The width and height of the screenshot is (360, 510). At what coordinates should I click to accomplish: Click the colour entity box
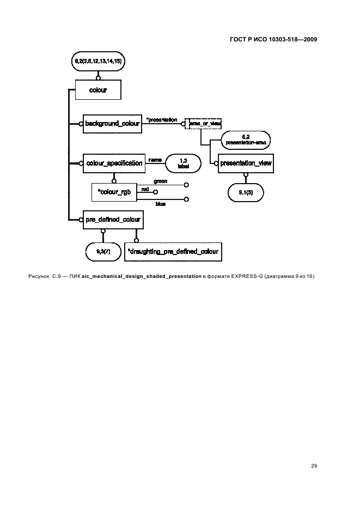click(98, 90)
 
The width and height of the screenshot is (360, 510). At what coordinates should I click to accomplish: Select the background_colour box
click(113, 124)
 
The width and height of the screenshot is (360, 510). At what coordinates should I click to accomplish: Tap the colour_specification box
click(114, 163)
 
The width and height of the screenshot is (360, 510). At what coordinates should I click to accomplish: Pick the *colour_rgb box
click(114, 191)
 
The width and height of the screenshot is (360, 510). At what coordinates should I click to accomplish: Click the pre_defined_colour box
click(113, 220)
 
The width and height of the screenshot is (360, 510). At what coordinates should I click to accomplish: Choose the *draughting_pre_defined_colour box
click(173, 251)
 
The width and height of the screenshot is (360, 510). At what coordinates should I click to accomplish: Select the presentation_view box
click(246, 163)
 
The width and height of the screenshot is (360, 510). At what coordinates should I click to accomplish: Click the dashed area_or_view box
click(204, 124)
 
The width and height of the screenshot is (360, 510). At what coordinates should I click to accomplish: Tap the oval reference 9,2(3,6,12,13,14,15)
click(98, 62)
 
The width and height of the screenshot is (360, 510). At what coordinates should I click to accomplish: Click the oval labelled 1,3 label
click(184, 163)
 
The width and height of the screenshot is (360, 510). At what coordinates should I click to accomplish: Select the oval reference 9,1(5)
click(246, 192)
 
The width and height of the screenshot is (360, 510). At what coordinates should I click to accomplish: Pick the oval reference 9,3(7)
click(102, 251)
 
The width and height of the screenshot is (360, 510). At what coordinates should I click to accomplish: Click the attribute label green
click(161, 180)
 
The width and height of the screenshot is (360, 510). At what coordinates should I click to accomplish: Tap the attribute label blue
click(161, 204)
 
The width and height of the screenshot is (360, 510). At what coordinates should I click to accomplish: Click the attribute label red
click(145, 189)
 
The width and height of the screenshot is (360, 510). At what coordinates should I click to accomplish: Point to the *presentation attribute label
click(162, 119)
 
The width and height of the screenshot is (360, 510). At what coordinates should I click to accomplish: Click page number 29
click(314, 465)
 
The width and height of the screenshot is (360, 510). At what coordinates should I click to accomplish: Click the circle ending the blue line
click(186, 199)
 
